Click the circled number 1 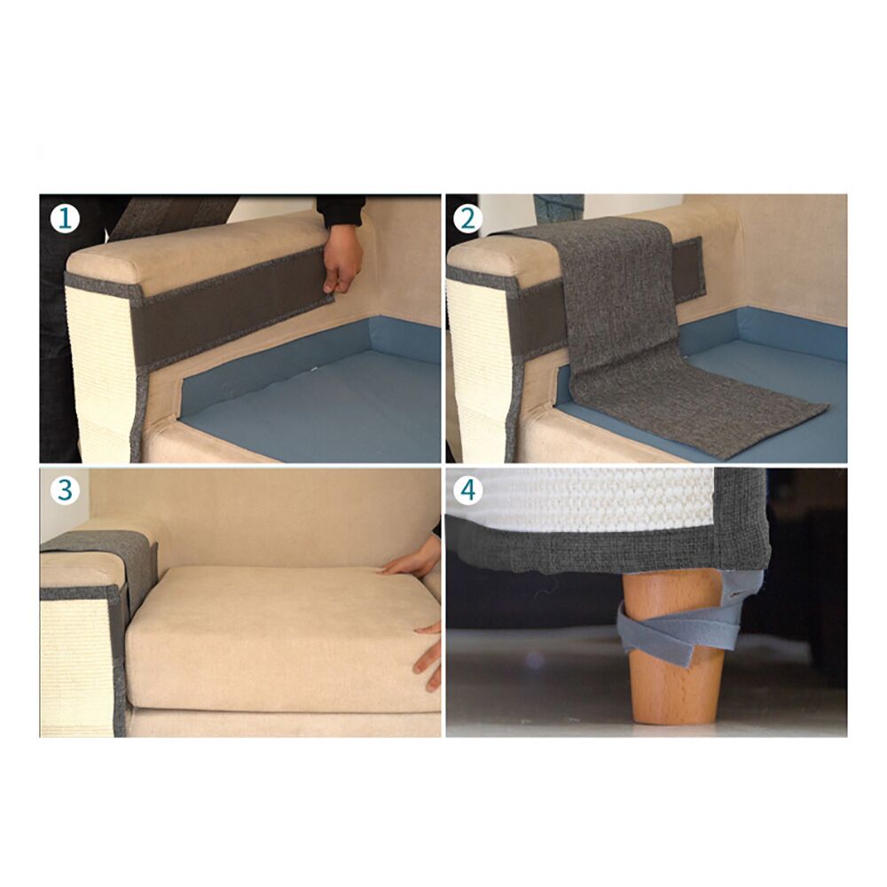tap(65, 219)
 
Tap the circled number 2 tap(467, 219)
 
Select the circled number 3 tap(65, 490)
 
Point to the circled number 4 tap(467, 490)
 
